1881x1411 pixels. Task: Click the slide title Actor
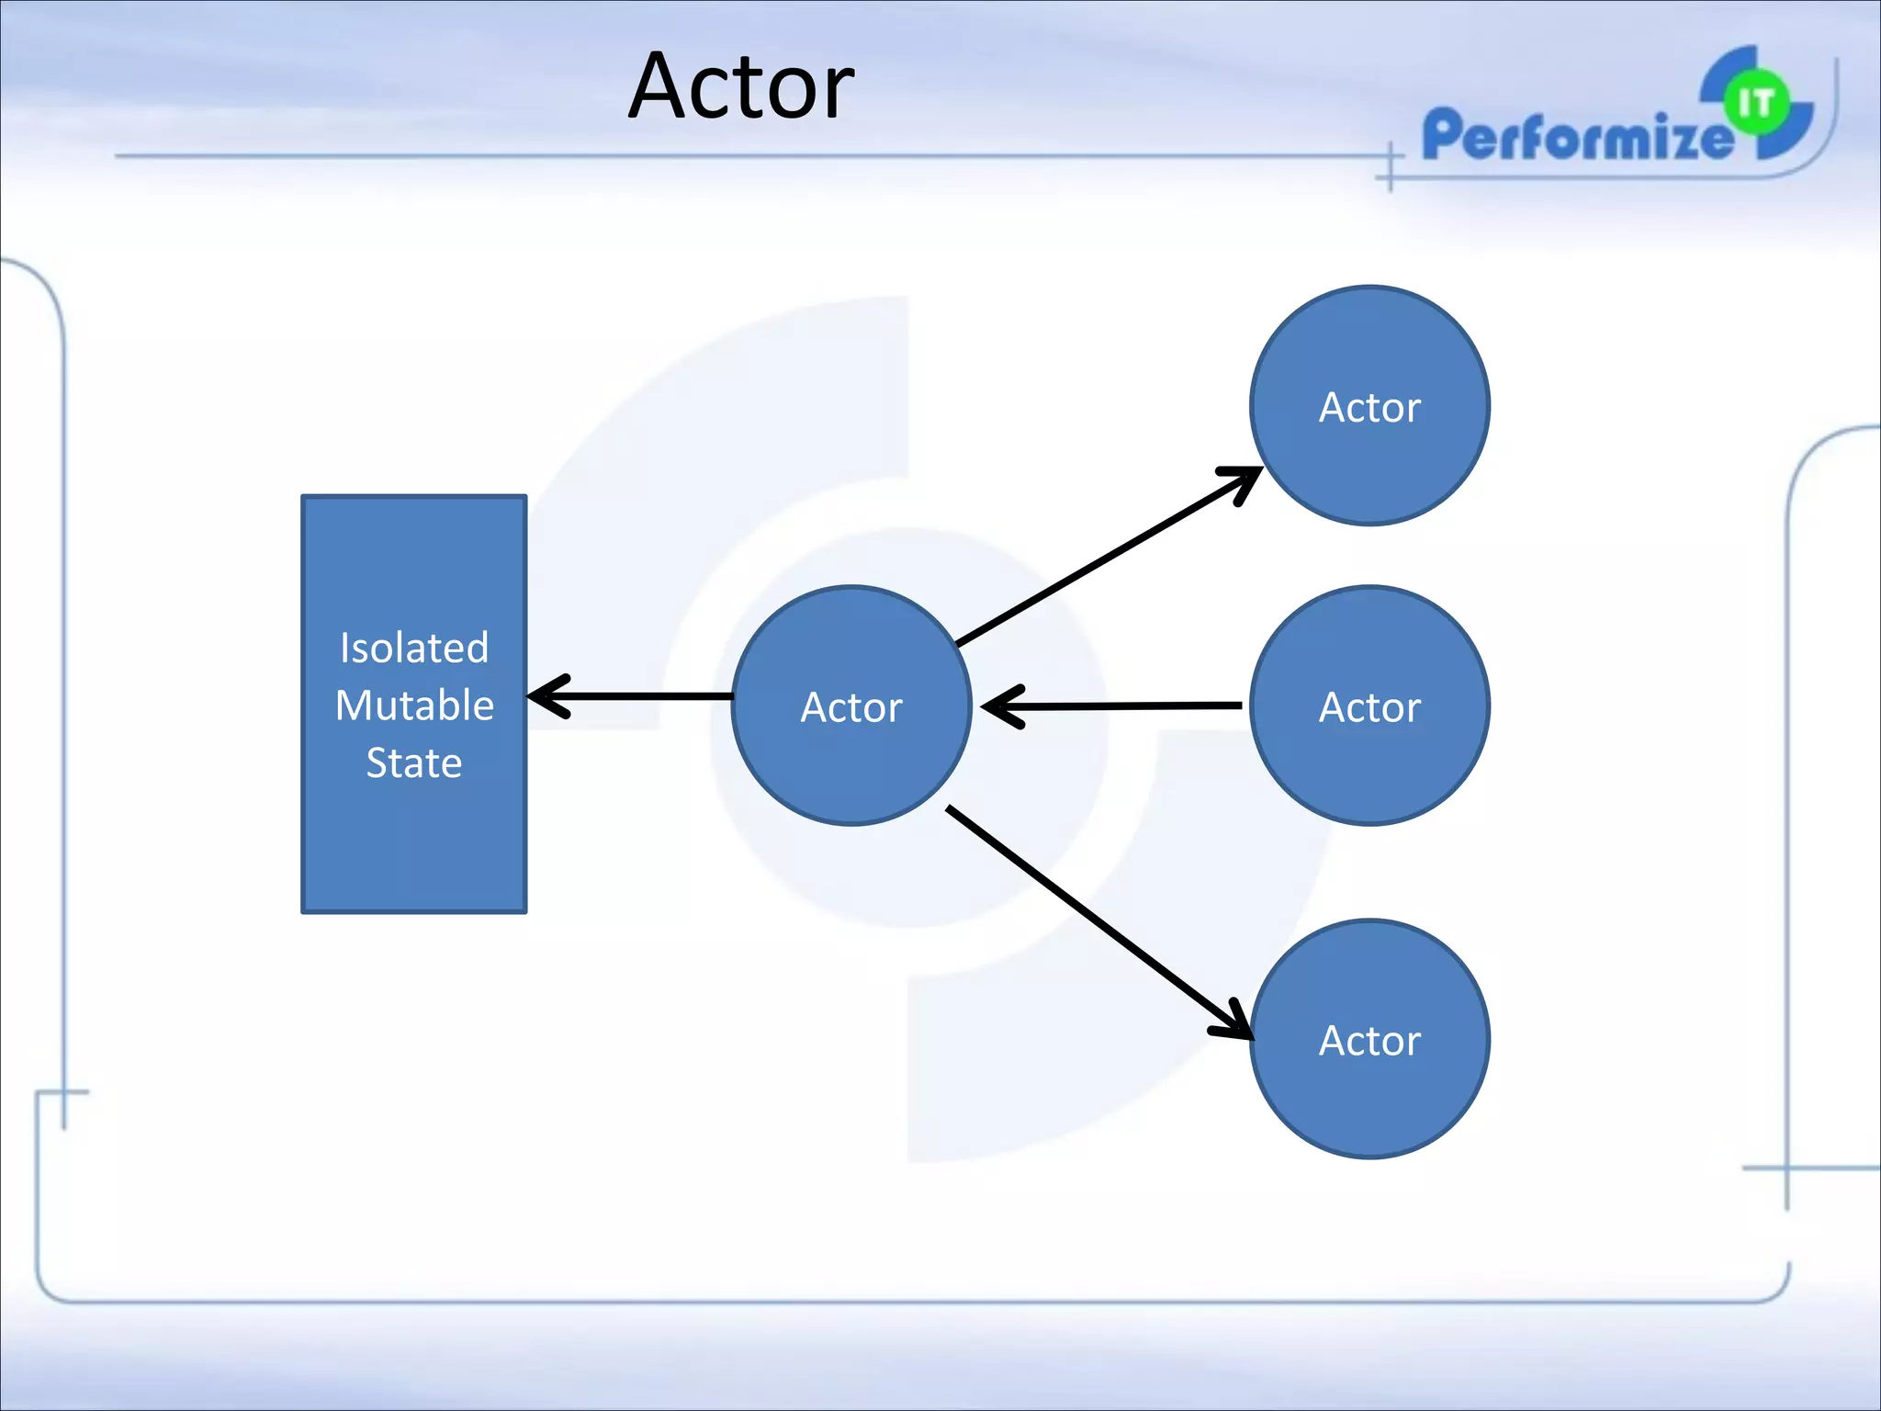(740, 87)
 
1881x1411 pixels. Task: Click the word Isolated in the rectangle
(413, 648)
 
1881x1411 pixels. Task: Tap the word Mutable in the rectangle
(414, 705)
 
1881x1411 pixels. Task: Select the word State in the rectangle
(413, 762)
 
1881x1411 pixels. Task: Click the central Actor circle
(851, 705)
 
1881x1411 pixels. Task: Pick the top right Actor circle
(1369, 406)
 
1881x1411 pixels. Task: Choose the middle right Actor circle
(1369, 705)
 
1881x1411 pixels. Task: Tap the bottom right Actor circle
(1369, 1039)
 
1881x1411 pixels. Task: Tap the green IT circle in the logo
(1756, 103)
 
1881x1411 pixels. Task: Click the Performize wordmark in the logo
(1575, 136)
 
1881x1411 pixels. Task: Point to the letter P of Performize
(1442, 133)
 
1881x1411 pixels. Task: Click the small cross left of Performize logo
(1390, 168)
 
